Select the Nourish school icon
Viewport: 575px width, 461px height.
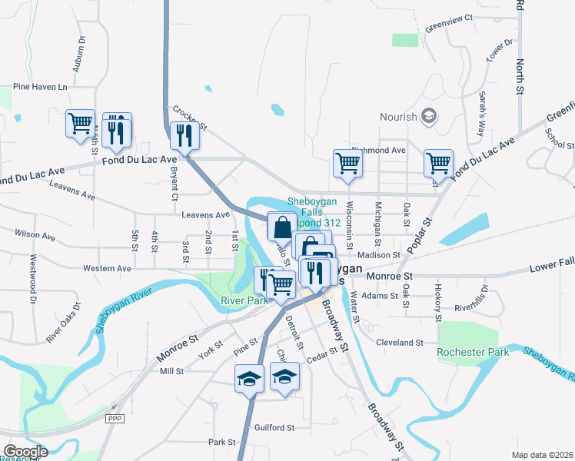(429, 117)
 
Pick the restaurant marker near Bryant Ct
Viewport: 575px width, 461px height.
(184, 135)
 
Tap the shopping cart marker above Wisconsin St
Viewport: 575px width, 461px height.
(347, 163)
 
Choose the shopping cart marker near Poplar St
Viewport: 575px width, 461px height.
(437, 163)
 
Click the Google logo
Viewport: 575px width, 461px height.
(25, 451)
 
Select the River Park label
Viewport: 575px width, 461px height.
(244, 300)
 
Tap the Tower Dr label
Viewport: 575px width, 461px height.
(498, 52)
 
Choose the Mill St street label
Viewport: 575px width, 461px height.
(171, 371)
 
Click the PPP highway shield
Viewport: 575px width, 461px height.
(115, 417)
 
